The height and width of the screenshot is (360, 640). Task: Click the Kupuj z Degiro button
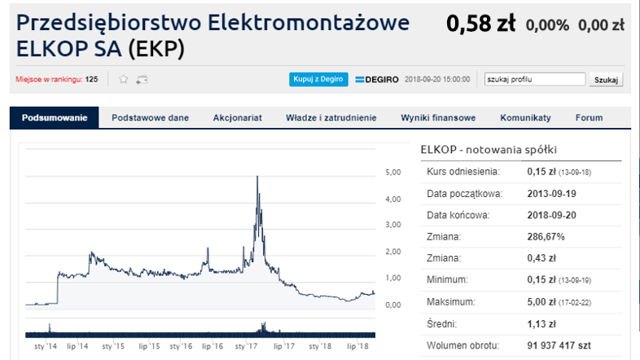(x=318, y=79)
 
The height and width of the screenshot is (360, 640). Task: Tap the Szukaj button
(x=606, y=80)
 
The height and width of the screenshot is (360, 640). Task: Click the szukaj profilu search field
(x=535, y=79)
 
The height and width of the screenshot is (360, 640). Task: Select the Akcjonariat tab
(x=237, y=118)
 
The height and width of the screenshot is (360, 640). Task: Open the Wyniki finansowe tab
(x=438, y=118)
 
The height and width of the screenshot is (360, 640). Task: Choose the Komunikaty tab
(x=525, y=118)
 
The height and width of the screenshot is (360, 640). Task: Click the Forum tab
(x=589, y=118)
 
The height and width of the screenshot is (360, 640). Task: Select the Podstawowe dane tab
(x=150, y=118)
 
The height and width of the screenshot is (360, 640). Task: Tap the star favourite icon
(x=123, y=79)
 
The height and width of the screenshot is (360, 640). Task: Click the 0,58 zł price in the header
(x=481, y=24)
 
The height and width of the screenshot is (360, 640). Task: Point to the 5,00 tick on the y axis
(x=393, y=172)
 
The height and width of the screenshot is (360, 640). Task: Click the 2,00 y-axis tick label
(x=393, y=252)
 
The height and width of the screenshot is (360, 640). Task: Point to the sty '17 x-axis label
(x=246, y=346)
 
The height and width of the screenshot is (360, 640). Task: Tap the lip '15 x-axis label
(x=149, y=346)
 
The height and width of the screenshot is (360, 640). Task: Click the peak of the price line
(x=257, y=176)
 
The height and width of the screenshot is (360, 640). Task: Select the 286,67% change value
(x=546, y=237)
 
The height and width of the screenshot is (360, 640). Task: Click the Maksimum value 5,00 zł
(x=541, y=302)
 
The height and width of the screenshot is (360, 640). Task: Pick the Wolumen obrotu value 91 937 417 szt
(x=559, y=345)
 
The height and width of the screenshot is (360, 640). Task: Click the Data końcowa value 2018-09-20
(x=551, y=215)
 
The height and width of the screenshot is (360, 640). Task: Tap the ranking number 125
(x=91, y=79)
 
